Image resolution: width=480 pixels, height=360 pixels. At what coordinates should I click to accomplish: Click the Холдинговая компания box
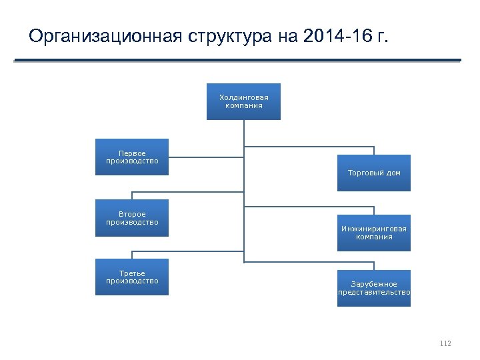(243, 101)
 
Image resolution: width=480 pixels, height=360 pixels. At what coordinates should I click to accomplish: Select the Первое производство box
(132, 157)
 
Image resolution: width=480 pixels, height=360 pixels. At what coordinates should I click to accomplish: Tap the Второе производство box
(132, 218)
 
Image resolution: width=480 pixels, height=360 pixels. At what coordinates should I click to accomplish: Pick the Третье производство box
(132, 277)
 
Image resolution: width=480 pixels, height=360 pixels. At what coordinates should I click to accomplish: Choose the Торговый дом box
(374, 173)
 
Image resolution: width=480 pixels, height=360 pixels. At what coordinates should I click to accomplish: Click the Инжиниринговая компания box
(374, 233)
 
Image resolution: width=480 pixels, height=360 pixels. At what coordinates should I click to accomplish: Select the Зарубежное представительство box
(374, 288)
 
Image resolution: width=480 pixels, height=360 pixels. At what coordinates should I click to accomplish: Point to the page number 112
(445, 343)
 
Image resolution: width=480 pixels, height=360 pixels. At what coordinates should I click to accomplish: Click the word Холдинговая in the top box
(243, 97)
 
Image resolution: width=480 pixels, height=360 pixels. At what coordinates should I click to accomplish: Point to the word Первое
(132, 153)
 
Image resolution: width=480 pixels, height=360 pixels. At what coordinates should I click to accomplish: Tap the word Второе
(132, 214)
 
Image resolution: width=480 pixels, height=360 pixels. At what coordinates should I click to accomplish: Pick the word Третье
(132, 273)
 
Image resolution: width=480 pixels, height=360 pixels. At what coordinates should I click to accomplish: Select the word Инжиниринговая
(374, 229)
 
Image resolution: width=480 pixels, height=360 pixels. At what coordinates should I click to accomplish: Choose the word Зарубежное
(374, 284)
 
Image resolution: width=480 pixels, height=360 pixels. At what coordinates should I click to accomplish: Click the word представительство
(374, 292)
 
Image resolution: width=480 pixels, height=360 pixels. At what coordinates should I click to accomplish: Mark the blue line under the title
(237, 61)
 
